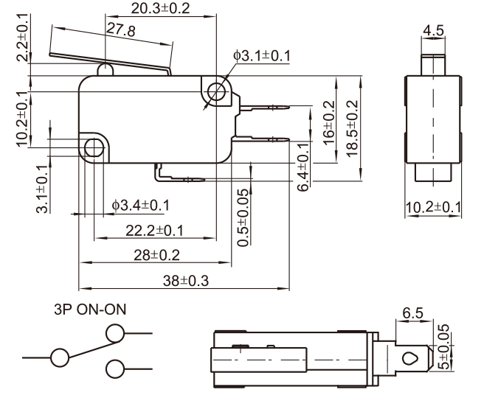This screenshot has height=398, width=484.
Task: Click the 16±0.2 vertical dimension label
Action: coord(330,121)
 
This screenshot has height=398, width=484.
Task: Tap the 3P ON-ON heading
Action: coord(90,310)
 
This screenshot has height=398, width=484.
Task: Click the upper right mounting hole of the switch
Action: coord(216,92)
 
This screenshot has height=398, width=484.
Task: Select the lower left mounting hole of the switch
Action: coord(94,148)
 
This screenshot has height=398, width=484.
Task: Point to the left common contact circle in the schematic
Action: coord(59,358)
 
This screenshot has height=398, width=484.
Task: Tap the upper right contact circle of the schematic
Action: coord(114,335)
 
